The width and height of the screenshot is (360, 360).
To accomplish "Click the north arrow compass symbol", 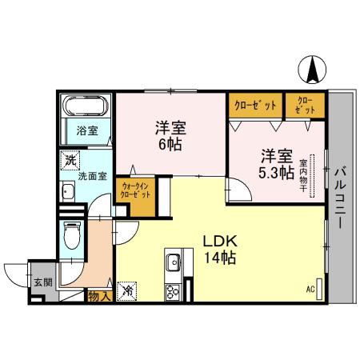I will point(310,70).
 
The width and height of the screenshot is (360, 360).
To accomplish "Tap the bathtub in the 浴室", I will point(85,106).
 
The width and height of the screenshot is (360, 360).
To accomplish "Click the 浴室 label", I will point(86,130).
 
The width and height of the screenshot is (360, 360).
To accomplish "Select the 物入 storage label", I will point(98,297).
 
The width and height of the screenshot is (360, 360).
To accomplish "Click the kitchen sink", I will point(174,262).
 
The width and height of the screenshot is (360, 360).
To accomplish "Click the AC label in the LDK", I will point(310,290).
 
